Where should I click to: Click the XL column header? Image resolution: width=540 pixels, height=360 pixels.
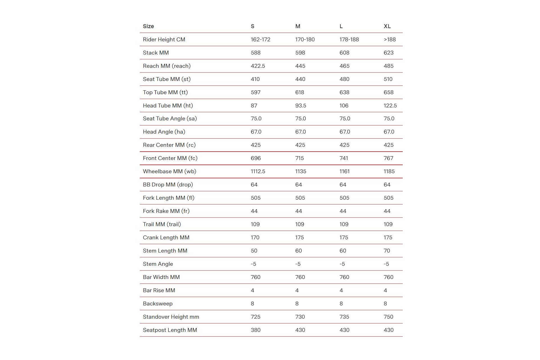[387, 26]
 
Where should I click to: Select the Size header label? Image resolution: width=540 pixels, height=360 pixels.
[148, 26]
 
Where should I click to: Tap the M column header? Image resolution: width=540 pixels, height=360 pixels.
[298, 26]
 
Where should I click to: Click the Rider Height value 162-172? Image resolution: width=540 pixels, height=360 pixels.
[260, 39]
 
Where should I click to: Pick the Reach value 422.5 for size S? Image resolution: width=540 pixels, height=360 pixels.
[258, 66]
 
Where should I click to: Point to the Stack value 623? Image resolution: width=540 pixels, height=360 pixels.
[388, 53]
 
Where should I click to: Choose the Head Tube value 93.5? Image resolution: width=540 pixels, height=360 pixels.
[300, 105]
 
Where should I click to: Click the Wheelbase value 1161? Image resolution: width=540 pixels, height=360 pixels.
[344, 171]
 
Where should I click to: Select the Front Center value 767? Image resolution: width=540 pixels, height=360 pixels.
[388, 158]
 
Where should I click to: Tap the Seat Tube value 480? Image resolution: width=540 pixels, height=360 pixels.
[344, 79]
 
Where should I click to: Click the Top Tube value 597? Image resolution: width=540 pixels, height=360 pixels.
[255, 92]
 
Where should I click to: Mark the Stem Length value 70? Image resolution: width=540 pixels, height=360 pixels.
[387, 251]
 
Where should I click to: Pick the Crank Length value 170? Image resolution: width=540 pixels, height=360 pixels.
[255, 237]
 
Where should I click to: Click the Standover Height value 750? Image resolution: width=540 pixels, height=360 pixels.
[388, 317]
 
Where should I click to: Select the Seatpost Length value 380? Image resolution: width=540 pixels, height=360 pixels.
[255, 330]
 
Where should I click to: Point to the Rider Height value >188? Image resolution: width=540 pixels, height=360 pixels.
[390, 39]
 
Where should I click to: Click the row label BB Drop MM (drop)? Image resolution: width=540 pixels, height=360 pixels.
[168, 184]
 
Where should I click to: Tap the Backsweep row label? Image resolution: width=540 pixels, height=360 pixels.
[157, 303]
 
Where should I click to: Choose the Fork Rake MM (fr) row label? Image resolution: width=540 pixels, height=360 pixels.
[166, 211]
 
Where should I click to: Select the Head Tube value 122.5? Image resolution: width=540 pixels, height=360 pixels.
[390, 105]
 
